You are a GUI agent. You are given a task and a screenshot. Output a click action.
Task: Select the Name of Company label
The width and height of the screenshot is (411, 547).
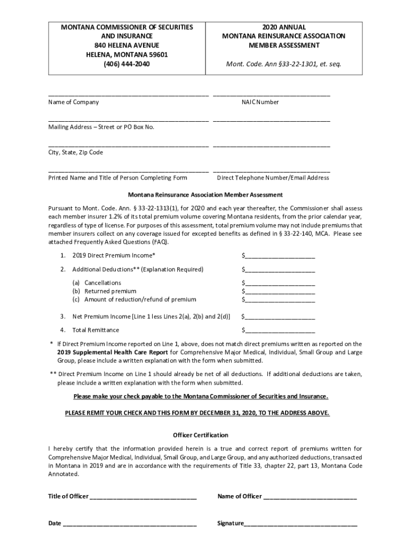click(x=74, y=102)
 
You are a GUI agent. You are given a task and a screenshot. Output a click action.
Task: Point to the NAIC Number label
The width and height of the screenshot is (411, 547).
click(x=260, y=102)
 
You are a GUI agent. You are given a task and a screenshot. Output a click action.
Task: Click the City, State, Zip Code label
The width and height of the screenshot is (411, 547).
click(x=76, y=152)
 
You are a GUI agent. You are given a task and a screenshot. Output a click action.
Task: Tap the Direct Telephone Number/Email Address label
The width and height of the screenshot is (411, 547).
click(x=273, y=178)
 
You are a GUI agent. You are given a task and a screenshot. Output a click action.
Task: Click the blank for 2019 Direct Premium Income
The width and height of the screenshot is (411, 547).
click(x=280, y=255)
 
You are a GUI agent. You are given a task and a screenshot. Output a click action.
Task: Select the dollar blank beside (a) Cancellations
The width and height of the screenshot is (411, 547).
click(x=280, y=283)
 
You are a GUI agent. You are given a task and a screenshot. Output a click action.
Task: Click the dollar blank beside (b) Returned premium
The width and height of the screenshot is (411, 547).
click(x=280, y=291)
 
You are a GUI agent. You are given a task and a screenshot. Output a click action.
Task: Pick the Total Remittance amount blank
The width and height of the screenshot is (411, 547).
click(x=280, y=330)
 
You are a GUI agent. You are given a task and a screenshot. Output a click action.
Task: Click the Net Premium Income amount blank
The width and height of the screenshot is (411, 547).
click(x=280, y=316)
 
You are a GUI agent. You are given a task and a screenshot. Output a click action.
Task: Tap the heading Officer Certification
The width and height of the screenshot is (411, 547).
click(x=201, y=435)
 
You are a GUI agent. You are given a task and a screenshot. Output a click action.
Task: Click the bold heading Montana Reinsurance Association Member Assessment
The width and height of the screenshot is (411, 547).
click(x=205, y=195)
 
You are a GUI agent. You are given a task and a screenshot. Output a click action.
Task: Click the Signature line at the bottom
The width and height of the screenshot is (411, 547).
click(x=301, y=523)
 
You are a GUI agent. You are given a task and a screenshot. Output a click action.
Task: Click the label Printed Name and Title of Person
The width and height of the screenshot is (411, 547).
click(x=118, y=178)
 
